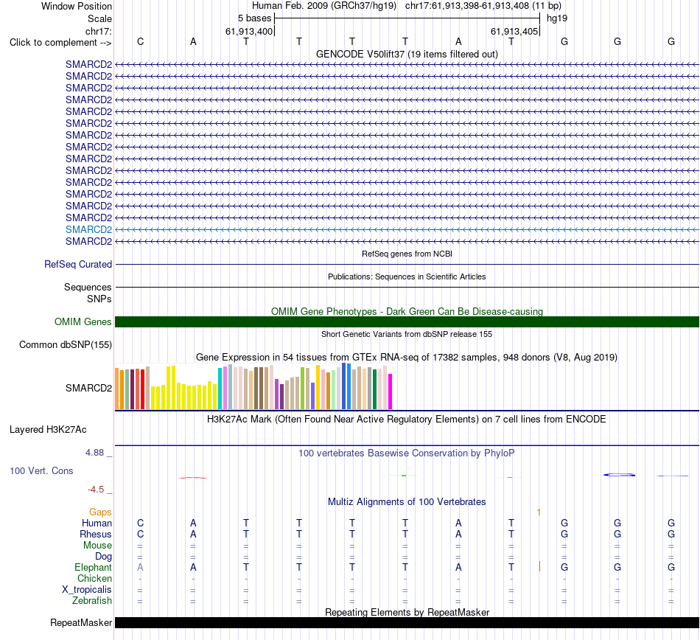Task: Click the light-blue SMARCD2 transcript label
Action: pyautogui.click(x=89, y=229)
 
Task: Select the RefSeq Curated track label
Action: pyautogui.click(x=78, y=265)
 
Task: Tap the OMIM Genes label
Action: pyautogui.click(x=83, y=321)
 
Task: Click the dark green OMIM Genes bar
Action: pyautogui.click(x=407, y=321)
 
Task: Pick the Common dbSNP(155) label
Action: pyautogui.click(x=66, y=345)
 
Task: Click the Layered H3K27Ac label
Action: pyautogui.click(x=48, y=430)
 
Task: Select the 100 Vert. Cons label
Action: pyautogui.click(x=41, y=470)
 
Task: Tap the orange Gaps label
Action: pyautogui.click(x=100, y=512)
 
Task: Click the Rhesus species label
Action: pyautogui.click(x=96, y=534)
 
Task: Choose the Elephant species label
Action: pyautogui.click(x=94, y=567)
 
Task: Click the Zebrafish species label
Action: pyautogui.click(x=92, y=601)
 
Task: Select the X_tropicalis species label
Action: pyautogui.click(x=87, y=590)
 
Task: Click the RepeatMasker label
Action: pyautogui.click(x=81, y=622)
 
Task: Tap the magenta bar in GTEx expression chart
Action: pyautogui.click(x=391, y=392)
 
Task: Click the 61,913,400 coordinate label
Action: pyautogui.click(x=249, y=31)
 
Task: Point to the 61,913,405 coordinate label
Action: pyautogui.click(x=514, y=31)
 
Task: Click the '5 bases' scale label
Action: pyautogui.click(x=254, y=18)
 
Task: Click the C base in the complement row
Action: pyautogui.click(x=140, y=41)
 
